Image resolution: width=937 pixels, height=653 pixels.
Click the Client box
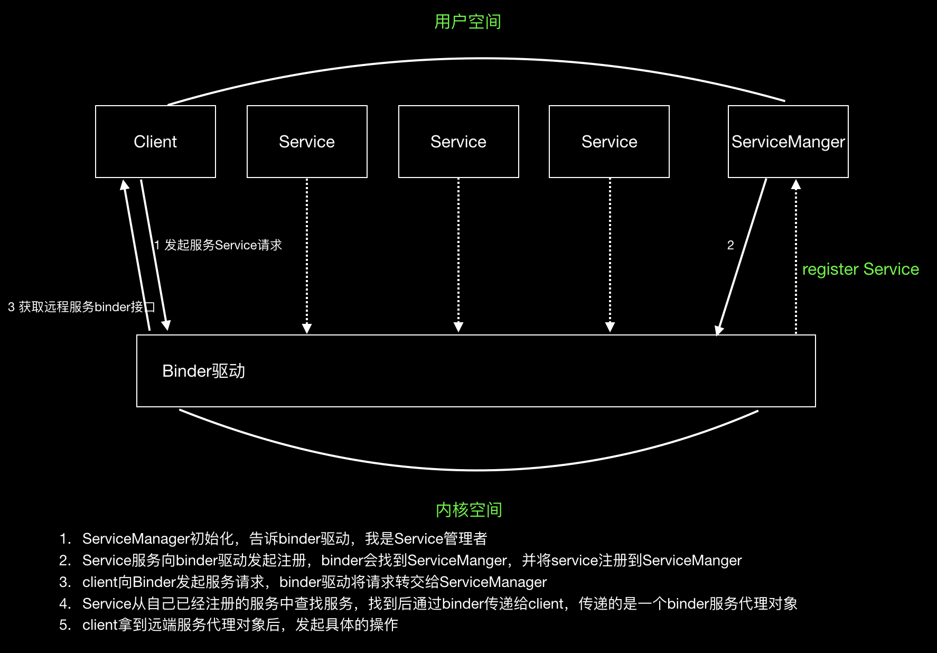click(x=155, y=142)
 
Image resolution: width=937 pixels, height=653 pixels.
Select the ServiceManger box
click(x=788, y=142)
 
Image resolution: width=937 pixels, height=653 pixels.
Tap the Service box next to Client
click(x=307, y=142)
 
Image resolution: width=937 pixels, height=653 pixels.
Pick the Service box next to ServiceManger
click(x=609, y=142)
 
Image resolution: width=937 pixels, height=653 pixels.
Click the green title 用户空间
click(x=467, y=22)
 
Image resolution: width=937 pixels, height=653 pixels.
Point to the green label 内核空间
click(x=468, y=510)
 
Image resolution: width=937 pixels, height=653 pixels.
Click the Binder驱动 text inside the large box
click(x=203, y=371)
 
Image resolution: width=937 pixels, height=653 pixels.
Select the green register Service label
click(x=860, y=269)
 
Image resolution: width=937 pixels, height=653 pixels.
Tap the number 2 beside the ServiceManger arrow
click(x=730, y=245)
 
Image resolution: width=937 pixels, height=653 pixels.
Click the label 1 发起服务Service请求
click(x=218, y=245)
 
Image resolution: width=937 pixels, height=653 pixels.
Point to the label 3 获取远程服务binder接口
click(x=81, y=307)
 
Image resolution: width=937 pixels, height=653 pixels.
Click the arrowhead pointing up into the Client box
click(x=125, y=185)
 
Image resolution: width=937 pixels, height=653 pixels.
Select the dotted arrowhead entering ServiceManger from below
click(x=796, y=184)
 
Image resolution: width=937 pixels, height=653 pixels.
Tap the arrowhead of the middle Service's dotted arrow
click(x=458, y=327)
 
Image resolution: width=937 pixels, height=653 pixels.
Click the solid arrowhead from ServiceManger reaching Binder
click(x=718, y=330)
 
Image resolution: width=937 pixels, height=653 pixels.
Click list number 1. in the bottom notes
click(x=65, y=539)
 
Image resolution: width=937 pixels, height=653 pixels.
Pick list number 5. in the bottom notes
click(x=65, y=625)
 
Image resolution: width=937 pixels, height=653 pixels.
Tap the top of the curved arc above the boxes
click(x=483, y=59)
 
